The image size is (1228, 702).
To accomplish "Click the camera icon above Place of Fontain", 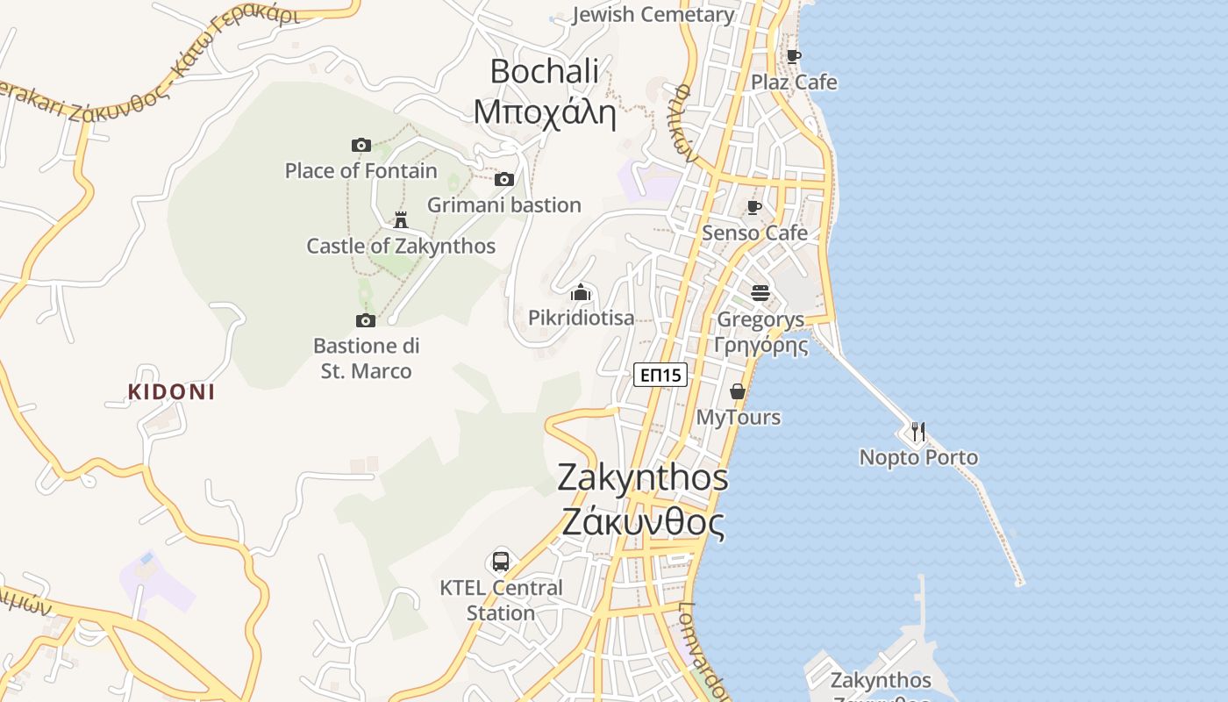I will coord(361,145).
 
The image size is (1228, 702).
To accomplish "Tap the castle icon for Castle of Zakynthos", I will coord(401,219).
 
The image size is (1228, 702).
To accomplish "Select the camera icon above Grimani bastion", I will coord(503,179).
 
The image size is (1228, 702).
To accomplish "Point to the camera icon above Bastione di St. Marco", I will coord(366,320).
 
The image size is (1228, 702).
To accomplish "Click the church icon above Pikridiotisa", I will coord(581,292).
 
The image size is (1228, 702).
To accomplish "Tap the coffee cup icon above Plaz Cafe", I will coord(794,57).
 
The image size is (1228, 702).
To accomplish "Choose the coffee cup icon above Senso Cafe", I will coord(753,208).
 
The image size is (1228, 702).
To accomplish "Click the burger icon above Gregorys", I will coord(760,292).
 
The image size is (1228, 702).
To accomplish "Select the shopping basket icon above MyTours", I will coord(738,391).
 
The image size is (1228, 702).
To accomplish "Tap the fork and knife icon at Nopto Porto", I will coord(917,431).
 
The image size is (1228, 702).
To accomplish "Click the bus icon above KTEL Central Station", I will coord(501,561).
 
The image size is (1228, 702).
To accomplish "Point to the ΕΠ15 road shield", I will coord(660,375).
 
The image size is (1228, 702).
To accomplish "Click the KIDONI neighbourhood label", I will coord(171,391).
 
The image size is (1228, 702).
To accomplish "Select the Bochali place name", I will coord(544,71).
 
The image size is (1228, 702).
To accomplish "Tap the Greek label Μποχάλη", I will coord(545,112).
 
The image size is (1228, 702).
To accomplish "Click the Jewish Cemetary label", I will coord(653,14).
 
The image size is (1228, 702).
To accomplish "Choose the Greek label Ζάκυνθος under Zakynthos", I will coord(643,523).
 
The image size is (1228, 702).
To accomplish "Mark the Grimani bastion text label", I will coord(504,204).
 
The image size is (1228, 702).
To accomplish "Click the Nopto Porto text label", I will coord(918,457).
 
